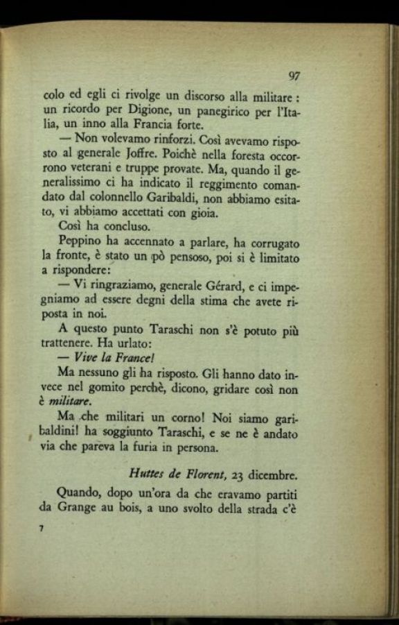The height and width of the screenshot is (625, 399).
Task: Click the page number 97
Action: coord(292,76)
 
